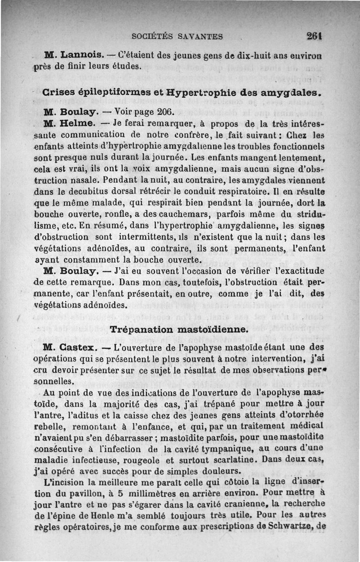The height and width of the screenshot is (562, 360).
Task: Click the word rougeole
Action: point(143,460)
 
